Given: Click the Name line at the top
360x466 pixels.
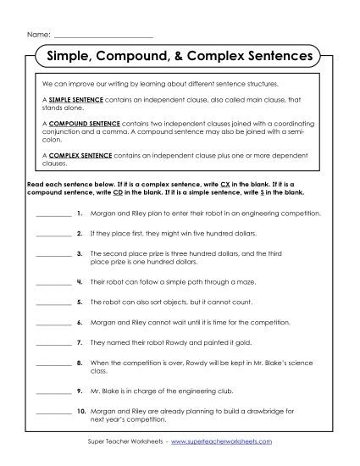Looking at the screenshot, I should point(102,36).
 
